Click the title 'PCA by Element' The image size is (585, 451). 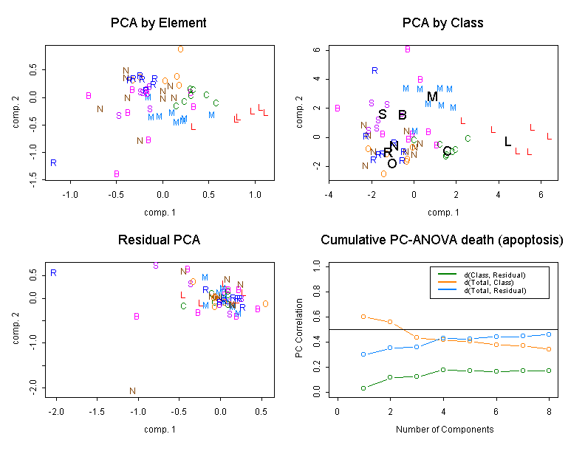[x=158, y=23]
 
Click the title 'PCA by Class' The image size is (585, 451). [x=442, y=23]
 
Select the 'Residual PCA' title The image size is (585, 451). [x=158, y=240]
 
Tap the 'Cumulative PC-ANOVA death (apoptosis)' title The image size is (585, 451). [x=442, y=240]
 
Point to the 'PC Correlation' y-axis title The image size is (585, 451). [x=299, y=328]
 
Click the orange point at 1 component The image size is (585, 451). [x=363, y=317]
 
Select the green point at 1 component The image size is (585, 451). [x=363, y=388]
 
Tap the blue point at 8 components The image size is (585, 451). [x=549, y=334]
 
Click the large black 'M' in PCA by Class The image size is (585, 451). [x=433, y=96]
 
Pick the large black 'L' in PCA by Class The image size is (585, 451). [x=507, y=142]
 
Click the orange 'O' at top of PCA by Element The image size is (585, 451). [x=180, y=49]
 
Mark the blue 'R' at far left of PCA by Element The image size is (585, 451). [x=53, y=162]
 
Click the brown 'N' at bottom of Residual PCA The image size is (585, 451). [x=133, y=391]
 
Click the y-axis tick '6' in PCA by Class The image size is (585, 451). [x=316, y=50]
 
